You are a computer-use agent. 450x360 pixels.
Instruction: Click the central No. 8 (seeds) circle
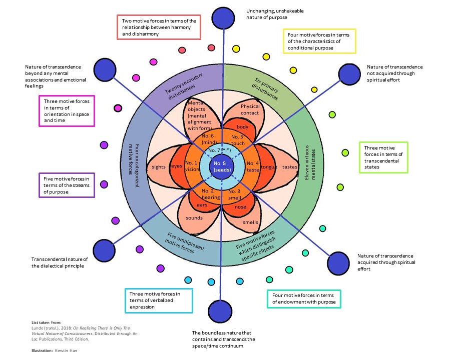click(x=221, y=166)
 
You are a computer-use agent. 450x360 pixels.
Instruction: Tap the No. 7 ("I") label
click(x=221, y=150)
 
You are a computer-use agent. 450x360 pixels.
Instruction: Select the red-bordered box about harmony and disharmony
click(x=158, y=27)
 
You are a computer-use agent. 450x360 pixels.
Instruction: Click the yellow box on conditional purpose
click(x=319, y=41)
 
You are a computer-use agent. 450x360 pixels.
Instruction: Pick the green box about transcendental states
click(x=383, y=157)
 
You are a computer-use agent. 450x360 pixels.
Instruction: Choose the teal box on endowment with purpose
click(x=303, y=298)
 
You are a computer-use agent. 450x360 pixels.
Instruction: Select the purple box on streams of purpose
click(x=67, y=184)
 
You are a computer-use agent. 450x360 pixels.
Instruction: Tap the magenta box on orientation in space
click(x=67, y=111)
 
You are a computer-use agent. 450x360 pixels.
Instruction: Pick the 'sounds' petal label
click(x=194, y=217)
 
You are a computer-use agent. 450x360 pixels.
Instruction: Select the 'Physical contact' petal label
click(x=250, y=109)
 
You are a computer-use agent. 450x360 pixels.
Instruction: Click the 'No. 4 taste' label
click(x=253, y=166)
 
